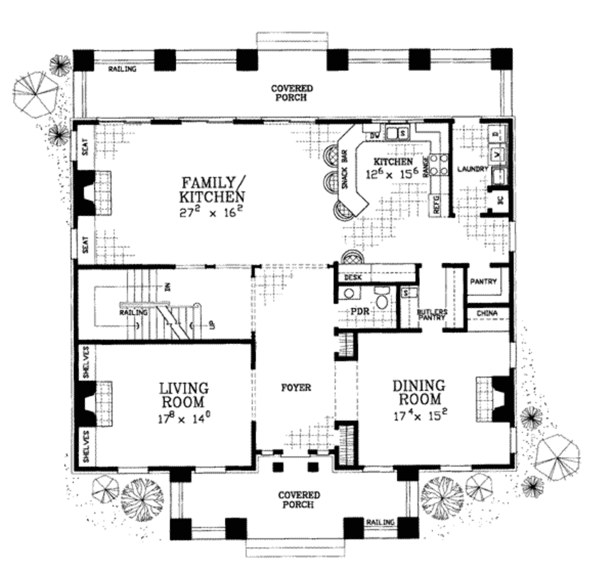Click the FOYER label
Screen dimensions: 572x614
pyautogui.click(x=296, y=388)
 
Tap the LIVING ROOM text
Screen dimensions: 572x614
pyautogui.click(x=183, y=395)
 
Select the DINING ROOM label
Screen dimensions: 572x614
pyautogui.click(x=419, y=392)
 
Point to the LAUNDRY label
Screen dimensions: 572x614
pyautogui.click(x=472, y=170)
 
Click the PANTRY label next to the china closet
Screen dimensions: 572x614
pyautogui.click(x=483, y=281)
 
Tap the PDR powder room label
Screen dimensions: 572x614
pyautogui.click(x=362, y=312)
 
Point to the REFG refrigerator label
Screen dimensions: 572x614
pyautogui.click(x=436, y=206)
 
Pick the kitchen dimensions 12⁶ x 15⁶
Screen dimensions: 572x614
pyautogui.click(x=393, y=174)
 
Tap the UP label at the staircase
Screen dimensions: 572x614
pyautogui.click(x=212, y=326)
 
